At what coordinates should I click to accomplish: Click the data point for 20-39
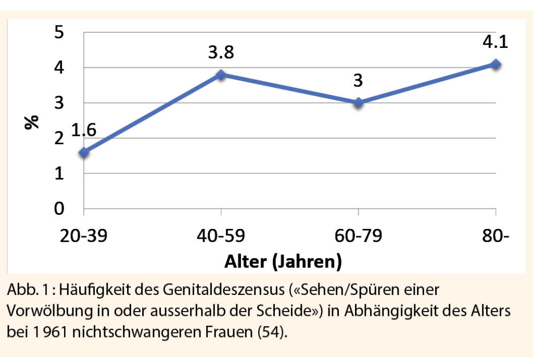(84, 152)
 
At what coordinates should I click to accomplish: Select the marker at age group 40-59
(221, 75)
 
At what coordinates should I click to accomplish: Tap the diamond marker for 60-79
(359, 103)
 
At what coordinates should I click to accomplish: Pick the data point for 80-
(496, 64)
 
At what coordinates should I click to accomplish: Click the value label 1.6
(83, 130)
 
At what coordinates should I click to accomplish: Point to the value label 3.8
(221, 53)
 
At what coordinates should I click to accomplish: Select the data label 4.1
(495, 42)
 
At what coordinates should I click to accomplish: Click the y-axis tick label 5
(60, 32)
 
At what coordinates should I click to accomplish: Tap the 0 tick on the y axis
(60, 209)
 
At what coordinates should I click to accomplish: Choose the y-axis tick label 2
(60, 138)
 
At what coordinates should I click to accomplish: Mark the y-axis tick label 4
(60, 68)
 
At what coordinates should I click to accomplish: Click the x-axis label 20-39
(84, 236)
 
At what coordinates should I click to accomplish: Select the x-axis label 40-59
(221, 236)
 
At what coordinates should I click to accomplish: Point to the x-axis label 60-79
(359, 236)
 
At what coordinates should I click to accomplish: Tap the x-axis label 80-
(495, 236)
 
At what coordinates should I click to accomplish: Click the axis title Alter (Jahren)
(283, 262)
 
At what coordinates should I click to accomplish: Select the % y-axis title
(32, 121)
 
